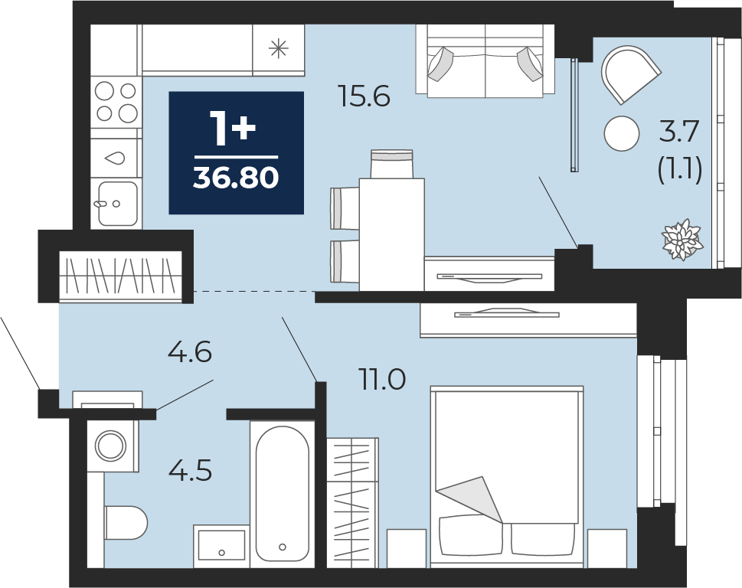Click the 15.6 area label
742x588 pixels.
point(364,96)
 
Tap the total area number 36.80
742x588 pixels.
point(236,178)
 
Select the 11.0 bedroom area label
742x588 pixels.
point(383,380)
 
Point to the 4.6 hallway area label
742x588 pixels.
point(190,352)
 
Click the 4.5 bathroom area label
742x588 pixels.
point(190,471)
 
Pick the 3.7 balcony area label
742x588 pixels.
point(679,131)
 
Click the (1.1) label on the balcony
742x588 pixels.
point(680,169)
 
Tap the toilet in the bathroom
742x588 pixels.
point(126,522)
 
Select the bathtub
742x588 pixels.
point(283,493)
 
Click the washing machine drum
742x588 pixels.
point(111,445)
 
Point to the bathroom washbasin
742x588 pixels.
point(221,545)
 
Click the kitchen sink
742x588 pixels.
point(118,204)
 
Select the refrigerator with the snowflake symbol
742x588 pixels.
point(278,49)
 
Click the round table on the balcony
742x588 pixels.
point(622,133)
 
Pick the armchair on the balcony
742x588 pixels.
point(629,74)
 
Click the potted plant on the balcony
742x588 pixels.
point(682,240)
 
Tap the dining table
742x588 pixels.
point(391,234)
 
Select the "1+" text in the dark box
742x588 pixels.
point(234,129)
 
